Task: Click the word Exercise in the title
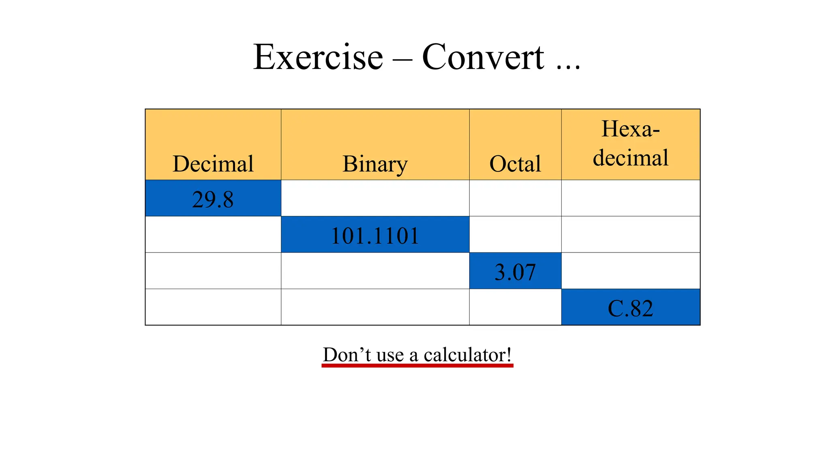coord(318,57)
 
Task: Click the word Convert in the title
coord(483,57)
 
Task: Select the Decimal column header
coord(213,163)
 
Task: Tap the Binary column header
coord(375,163)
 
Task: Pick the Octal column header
coord(515,163)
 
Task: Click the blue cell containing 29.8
coord(213,199)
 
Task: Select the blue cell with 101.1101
coord(375,235)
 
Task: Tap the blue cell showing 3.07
coord(515,271)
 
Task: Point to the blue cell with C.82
coord(631,308)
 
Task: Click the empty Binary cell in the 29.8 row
coord(375,198)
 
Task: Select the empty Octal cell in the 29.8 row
coord(515,198)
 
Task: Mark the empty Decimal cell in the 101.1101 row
coord(213,235)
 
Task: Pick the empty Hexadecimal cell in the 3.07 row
coord(631,271)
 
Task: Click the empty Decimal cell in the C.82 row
coord(213,307)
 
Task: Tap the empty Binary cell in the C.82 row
coord(375,307)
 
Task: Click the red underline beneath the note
coord(417,366)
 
